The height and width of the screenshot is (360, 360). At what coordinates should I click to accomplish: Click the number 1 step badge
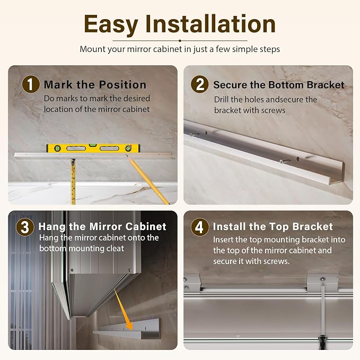31,84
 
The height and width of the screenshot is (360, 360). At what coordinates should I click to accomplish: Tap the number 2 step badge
200,84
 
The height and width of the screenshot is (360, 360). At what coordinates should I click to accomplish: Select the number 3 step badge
25,227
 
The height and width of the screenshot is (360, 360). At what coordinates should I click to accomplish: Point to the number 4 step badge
200,227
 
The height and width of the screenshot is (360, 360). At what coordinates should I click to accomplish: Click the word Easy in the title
111,24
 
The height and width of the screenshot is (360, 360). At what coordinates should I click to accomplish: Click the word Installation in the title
210,23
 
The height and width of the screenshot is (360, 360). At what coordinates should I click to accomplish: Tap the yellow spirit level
93,148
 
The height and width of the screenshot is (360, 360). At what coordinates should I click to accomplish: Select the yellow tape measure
73,181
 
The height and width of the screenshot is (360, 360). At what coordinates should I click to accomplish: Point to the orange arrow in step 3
124,310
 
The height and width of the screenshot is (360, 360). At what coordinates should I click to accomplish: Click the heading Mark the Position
95,85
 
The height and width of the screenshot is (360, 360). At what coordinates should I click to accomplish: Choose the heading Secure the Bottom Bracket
279,85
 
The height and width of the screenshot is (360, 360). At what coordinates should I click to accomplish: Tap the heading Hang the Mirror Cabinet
102,226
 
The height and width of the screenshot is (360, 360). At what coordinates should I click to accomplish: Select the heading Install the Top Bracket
273,226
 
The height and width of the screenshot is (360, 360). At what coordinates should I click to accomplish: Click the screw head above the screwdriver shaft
323,279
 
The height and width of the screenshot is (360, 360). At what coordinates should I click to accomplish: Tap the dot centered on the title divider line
180,41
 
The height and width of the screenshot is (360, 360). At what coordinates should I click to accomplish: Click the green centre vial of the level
93,145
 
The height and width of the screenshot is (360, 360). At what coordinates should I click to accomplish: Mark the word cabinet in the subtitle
171,49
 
